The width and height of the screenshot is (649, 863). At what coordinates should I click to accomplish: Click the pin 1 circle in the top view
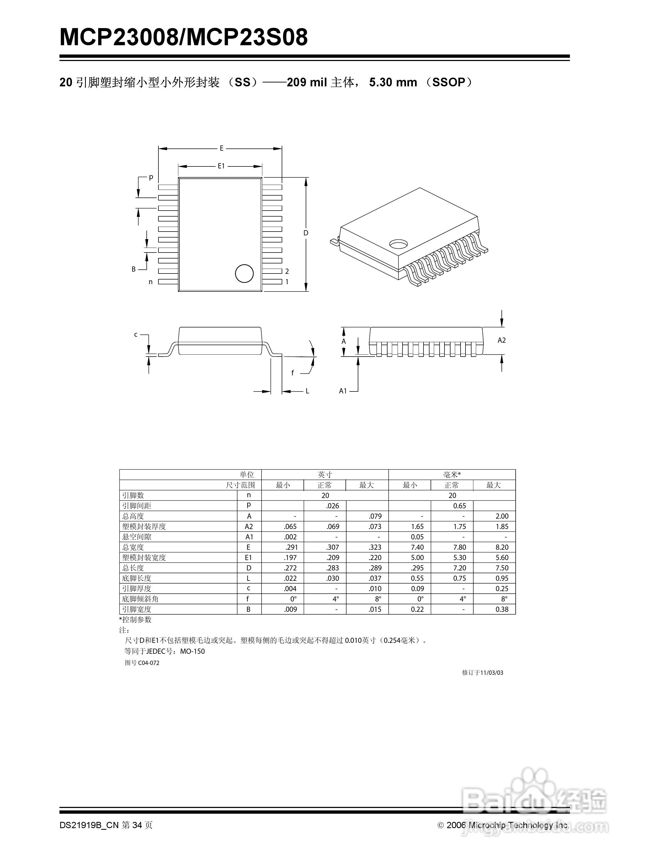[244, 273]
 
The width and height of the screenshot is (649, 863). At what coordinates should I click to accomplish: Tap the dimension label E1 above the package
[221, 166]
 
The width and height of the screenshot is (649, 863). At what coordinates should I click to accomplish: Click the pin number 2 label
[287, 271]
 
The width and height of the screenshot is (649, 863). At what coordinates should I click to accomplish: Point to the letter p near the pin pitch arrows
[151, 177]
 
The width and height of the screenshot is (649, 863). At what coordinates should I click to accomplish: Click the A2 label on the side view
[501, 340]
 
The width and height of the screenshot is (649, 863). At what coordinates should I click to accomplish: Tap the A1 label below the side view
[342, 391]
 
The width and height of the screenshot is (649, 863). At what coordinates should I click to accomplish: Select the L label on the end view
[307, 391]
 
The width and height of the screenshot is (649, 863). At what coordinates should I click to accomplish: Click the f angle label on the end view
[293, 373]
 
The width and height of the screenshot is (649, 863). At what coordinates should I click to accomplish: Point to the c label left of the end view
[136, 334]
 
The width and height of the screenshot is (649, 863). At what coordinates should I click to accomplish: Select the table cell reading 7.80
[459, 547]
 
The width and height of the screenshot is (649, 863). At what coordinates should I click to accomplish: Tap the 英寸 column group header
[324, 475]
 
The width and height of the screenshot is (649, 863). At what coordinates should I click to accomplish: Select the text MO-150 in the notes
[192, 651]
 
